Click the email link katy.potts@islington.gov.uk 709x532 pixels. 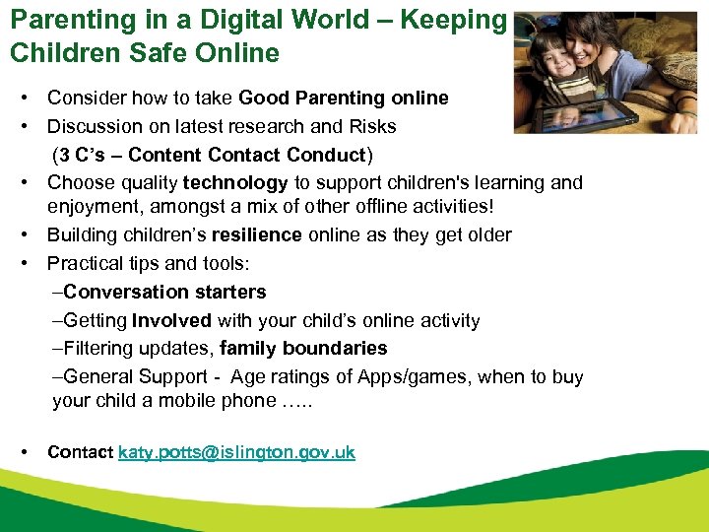pos(236,452)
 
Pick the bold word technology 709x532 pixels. pos(235,182)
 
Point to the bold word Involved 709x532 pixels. pos(172,320)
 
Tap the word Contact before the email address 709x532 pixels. pos(81,452)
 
